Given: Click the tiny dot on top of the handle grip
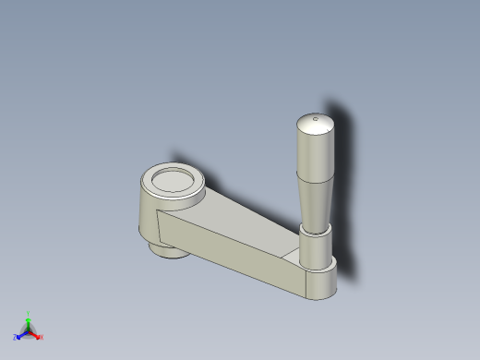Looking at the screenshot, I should (316, 118).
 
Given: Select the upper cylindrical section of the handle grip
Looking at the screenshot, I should (315, 153).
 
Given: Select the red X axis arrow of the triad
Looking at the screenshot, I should (36, 334).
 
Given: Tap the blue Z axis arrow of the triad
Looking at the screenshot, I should (19, 335).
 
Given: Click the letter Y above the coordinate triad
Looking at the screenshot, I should (28, 314).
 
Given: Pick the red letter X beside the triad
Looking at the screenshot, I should (41, 337).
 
